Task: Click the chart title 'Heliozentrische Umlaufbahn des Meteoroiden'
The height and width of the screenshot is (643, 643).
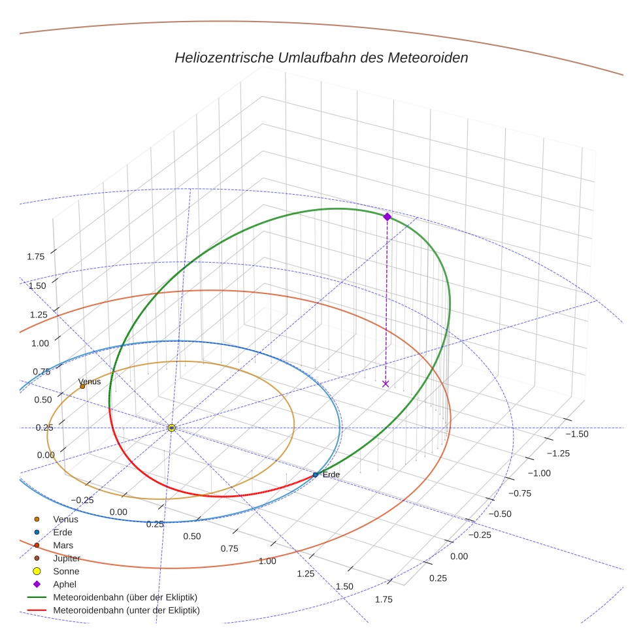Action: tap(321, 58)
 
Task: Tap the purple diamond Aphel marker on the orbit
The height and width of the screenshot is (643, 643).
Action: tap(387, 216)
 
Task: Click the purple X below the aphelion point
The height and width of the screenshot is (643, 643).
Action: tap(386, 384)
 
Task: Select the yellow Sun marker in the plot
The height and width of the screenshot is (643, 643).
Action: tap(171, 427)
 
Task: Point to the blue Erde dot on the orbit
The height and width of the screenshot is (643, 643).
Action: tap(316, 475)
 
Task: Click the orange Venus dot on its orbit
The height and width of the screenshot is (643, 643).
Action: tap(82, 386)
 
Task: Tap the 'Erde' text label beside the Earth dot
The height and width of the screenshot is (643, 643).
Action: tap(331, 474)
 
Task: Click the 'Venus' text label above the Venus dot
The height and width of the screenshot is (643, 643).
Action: tap(90, 382)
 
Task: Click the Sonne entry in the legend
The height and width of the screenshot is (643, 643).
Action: tap(66, 571)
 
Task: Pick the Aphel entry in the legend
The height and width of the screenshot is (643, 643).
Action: tap(65, 584)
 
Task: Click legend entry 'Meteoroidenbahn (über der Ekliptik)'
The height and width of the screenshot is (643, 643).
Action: tap(125, 597)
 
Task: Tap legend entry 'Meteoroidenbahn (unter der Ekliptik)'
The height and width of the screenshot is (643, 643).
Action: tap(126, 610)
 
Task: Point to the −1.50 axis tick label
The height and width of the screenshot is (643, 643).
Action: tap(576, 434)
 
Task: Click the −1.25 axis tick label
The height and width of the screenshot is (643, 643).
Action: tap(557, 453)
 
